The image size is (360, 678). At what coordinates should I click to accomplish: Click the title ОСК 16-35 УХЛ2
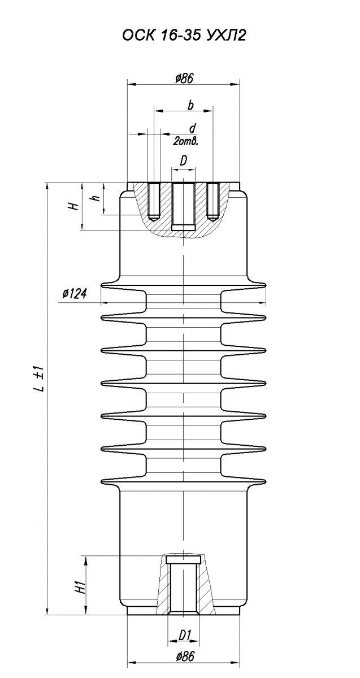pyautogui.click(x=184, y=36)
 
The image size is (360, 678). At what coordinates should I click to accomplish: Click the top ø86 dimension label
pyautogui.click(x=184, y=79)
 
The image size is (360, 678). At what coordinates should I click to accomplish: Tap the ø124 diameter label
pyautogui.click(x=75, y=293)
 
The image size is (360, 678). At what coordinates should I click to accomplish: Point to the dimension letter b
pyautogui.click(x=190, y=105)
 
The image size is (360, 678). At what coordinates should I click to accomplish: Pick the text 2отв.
pyautogui.click(x=185, y=141)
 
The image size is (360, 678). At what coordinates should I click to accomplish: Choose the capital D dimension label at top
pyautogui.click(x=184, y=162)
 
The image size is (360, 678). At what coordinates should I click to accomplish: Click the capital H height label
pyautogui.click(x=73, y=206)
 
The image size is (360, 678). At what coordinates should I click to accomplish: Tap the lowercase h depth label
pyautogui.click(x=96, y=198)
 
